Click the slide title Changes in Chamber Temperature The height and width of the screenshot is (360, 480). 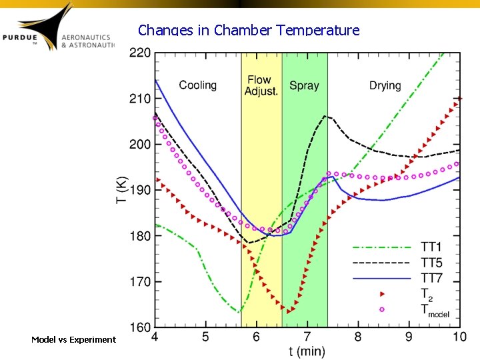249,30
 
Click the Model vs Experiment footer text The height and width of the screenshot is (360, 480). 73,340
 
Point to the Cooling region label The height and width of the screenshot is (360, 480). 198,85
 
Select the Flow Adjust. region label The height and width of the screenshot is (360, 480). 261,85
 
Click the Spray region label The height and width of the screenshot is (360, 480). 304,85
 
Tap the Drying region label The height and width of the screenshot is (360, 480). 385,85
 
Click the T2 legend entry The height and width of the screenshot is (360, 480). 425,293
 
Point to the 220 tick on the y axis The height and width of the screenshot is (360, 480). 139,53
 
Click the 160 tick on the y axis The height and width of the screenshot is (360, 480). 139,327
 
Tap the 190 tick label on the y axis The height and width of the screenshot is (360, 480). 139,190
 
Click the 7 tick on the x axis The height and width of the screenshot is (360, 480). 307,337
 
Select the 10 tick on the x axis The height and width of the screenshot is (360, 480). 459,337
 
